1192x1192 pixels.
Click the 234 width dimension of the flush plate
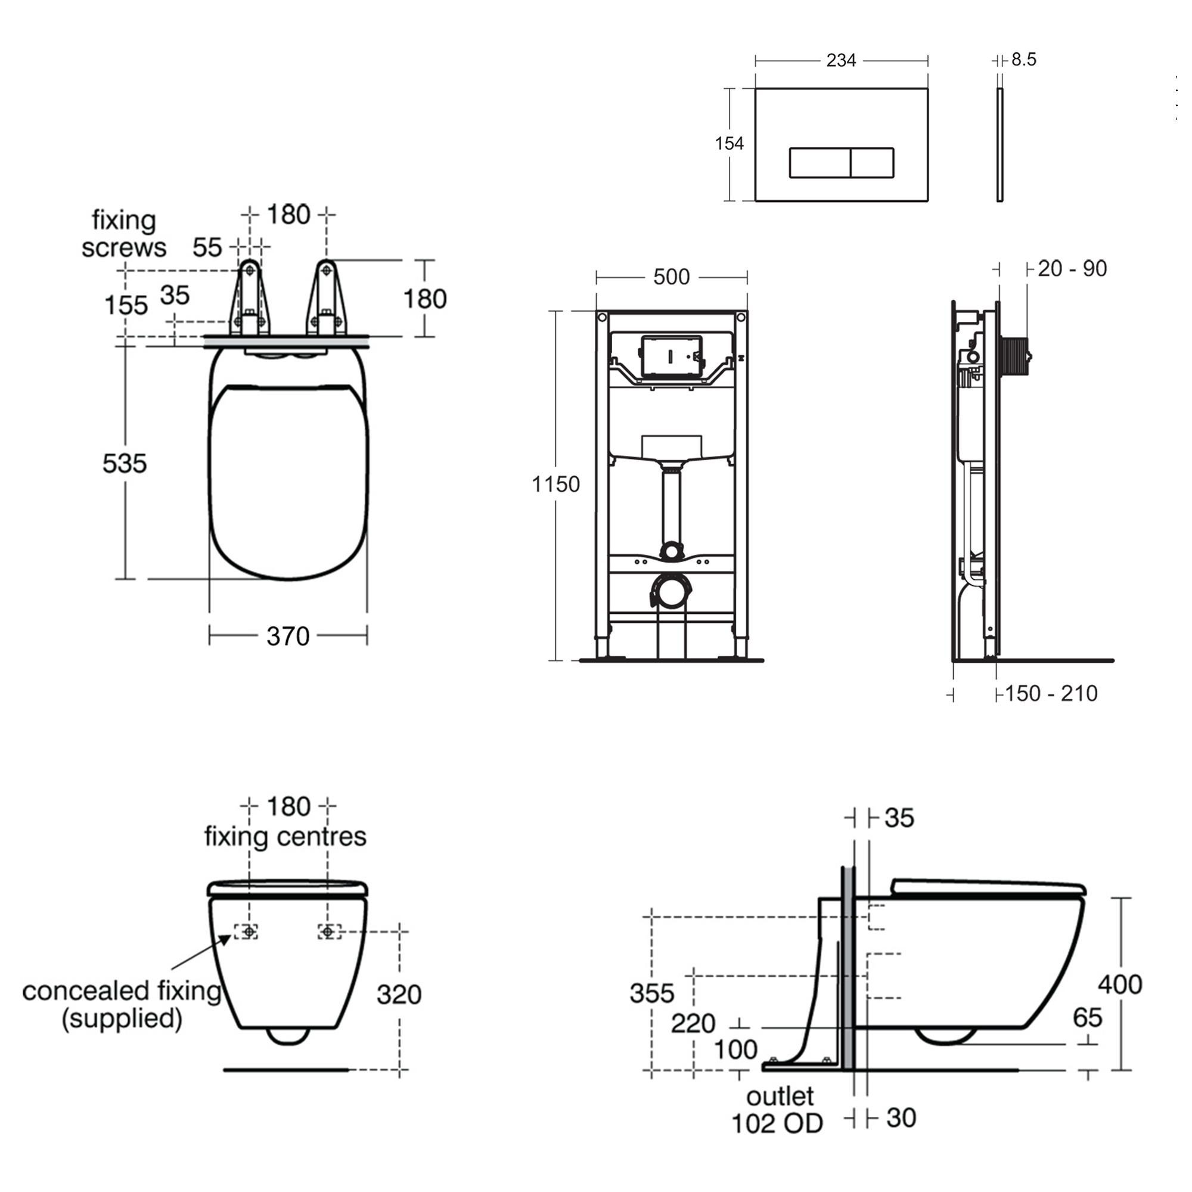point(840,60)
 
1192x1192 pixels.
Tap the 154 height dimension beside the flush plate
point(729,144)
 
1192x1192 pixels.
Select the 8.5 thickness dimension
point(1023,60)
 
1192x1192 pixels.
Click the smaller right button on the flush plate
point(872,163)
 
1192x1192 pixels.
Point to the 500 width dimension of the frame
point(671,277)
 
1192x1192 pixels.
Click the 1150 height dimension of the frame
point(555,485)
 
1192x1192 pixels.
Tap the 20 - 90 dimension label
point(1072,269)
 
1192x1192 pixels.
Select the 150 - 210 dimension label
point(1051,694)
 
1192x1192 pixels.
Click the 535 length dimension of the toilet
point(125,463)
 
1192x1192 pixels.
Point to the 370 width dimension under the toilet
point(287,636)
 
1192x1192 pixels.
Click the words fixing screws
point(123,234)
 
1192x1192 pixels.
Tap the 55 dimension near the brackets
point(207,248)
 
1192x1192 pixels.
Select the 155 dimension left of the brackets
point(126,305)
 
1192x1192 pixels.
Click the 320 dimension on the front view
point(399,995)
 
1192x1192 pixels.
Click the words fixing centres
point(285,837)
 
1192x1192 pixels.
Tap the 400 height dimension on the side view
point(1120,984)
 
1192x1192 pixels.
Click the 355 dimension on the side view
point(651,994)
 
